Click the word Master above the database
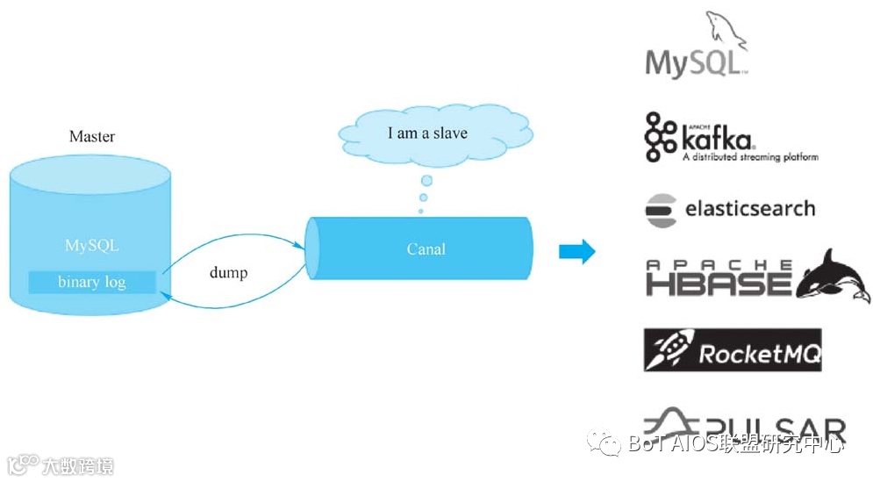pyautogui.click(x=92, y=137)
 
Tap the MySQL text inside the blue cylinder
pyautogui.click(x=91, y=245)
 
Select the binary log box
pyautogui.click(x=92, y=282)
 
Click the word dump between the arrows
pyautogui.click(x=228, y=272)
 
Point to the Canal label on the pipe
pyautogui.click(x=426, y=248)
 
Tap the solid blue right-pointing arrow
pyautogui.click(x=576, y=252)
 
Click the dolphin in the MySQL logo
pyautogui.click(x=724, y=31)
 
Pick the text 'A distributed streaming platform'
pyautogui.click(x=750, y=157)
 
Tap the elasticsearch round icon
pyautogui.click(x=659, y=211)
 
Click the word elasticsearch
pyautogui.click(x=750, y=209)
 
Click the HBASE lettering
pyautogui.click(x=718, y=283)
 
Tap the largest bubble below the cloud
pyautogui.click(x=426, y=181)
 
